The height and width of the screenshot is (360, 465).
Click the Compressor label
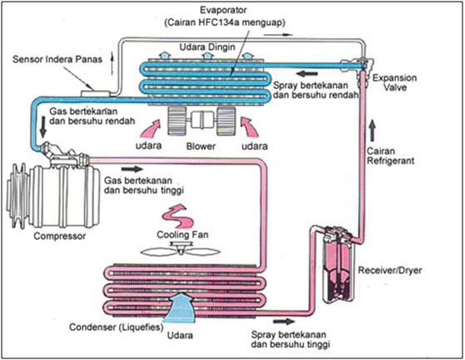60,236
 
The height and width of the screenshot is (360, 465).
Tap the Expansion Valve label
394,82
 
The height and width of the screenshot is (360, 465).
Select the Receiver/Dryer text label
390,271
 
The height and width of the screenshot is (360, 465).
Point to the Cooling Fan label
182,235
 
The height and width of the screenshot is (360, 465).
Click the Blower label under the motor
201,146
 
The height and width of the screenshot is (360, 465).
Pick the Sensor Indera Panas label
57,59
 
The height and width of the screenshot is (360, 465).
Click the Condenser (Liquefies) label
117,327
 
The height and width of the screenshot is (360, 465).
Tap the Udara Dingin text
207,47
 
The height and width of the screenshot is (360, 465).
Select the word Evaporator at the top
223,10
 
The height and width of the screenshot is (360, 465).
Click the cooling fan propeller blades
181,252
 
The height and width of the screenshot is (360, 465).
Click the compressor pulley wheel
18,197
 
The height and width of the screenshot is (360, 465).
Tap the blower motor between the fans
202,119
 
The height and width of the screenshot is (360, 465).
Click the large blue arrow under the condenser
181,307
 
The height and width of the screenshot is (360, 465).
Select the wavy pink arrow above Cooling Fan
177,215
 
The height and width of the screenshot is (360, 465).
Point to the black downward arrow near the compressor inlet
43,127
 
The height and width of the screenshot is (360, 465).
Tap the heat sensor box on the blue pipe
96,93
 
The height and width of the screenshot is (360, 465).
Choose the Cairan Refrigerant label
391,156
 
